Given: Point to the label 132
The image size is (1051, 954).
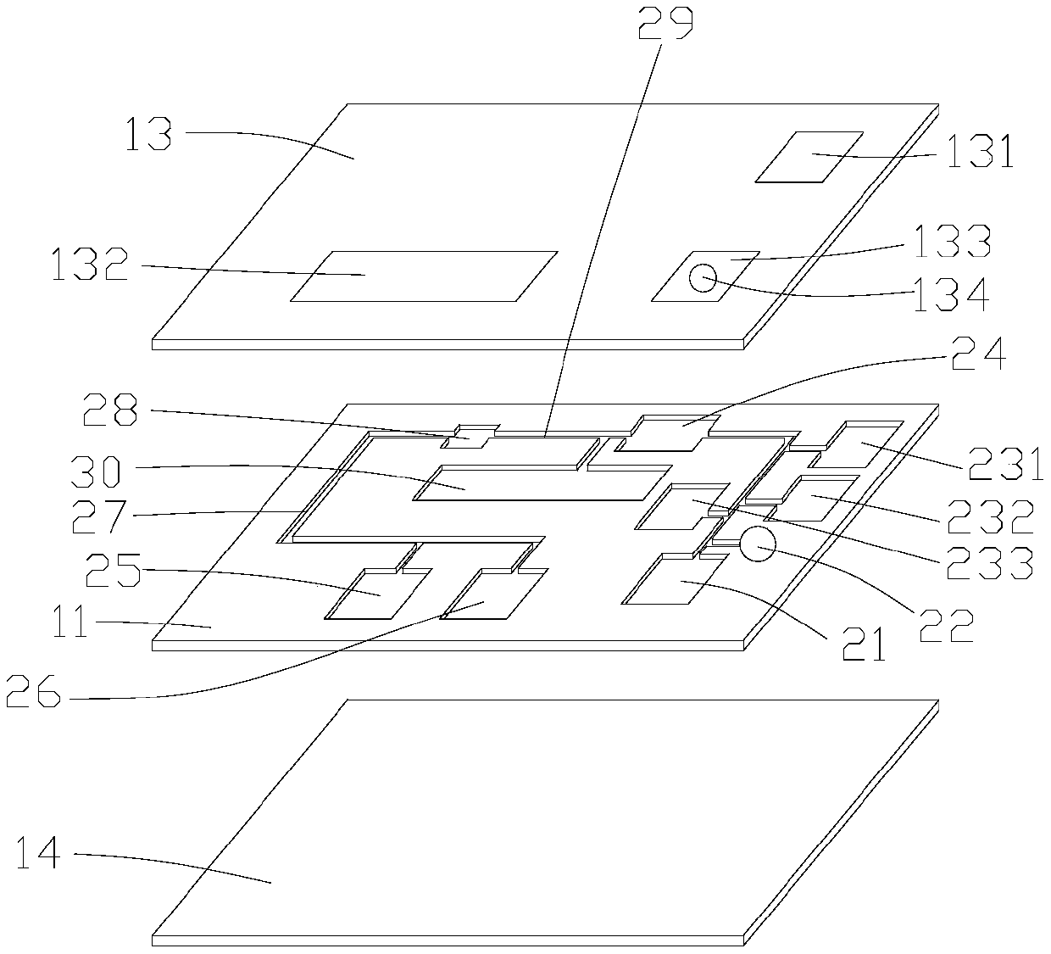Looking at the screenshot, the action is point(89,266).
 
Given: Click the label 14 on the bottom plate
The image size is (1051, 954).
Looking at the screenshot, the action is point(38,852).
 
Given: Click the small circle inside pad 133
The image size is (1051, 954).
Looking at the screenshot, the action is point(703,276).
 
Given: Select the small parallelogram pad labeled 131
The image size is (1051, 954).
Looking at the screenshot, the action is point(809,157).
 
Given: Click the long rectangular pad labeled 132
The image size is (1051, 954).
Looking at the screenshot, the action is point(424,276).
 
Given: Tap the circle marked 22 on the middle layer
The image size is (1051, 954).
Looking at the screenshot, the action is point(757,544).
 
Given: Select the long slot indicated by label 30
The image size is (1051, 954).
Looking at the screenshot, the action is point(534,483).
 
